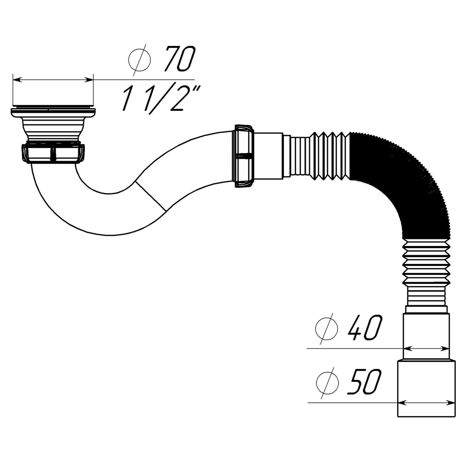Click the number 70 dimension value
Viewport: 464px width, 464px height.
(x=178, y=59)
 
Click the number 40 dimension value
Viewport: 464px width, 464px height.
(x=364, y=328)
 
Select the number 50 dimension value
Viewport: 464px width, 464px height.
(x=364, y=381)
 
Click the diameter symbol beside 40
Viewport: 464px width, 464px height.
(x=327, y=329)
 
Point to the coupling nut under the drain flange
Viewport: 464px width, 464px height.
(x=53, y=153)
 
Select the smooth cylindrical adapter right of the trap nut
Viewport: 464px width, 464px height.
(x=268, y=156)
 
